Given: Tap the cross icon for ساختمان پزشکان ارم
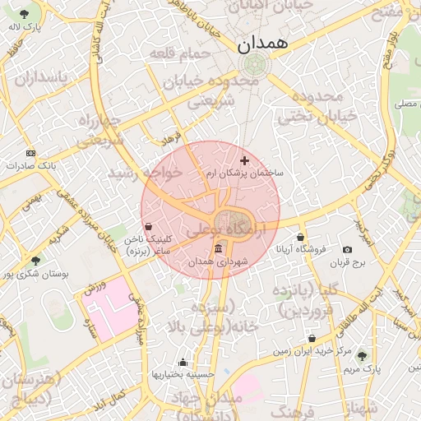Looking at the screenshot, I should tap(243, 160).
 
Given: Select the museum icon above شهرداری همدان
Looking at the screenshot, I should tap(218, 248).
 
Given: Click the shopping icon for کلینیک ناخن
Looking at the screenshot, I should tap(148, 226).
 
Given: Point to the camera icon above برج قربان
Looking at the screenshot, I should tap(347, 249).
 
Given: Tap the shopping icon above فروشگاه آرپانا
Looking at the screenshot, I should tap(301, 237).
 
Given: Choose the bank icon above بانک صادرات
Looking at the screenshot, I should tap(31, 153).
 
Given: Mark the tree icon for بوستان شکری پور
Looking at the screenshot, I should tap(35, 260).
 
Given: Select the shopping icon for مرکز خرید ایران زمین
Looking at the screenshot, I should tap(312, 338).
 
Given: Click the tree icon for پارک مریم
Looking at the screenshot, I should tap(362, 356).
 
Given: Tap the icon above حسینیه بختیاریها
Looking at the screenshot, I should tap(183, 362).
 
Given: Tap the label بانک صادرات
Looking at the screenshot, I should tap(32, 166).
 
